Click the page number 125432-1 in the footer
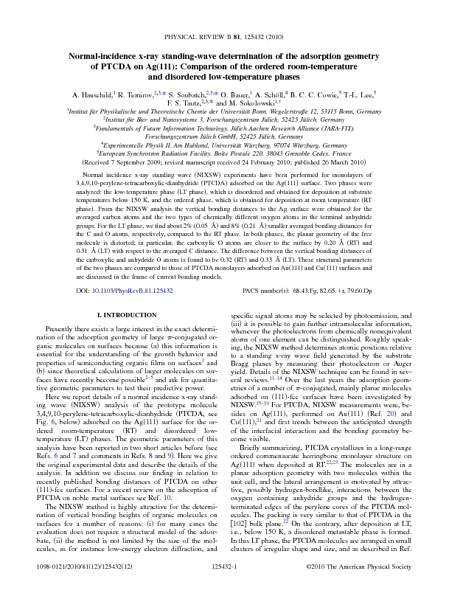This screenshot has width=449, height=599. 224,582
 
